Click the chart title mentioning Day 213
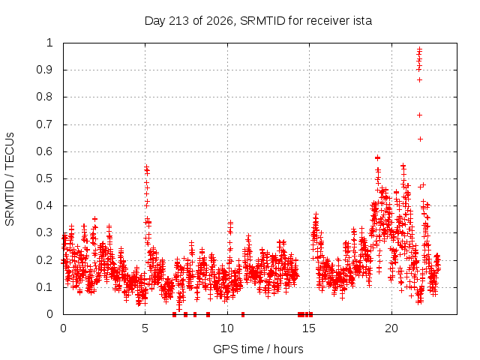258,21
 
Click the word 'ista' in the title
363,21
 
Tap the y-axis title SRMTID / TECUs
10,179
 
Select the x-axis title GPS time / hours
258,349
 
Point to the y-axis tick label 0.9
45,70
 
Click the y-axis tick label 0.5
45,178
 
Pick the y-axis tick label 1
49,43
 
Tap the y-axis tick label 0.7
45,124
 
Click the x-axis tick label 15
309,328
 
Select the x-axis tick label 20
391,328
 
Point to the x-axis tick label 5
145,328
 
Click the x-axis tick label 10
226,328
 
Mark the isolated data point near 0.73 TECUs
420,115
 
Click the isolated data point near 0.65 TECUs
420,139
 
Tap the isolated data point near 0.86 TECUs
420,80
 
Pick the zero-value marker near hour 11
243,314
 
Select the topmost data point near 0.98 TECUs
420,49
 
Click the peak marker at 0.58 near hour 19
377,157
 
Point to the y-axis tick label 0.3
45,232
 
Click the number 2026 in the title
220,21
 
